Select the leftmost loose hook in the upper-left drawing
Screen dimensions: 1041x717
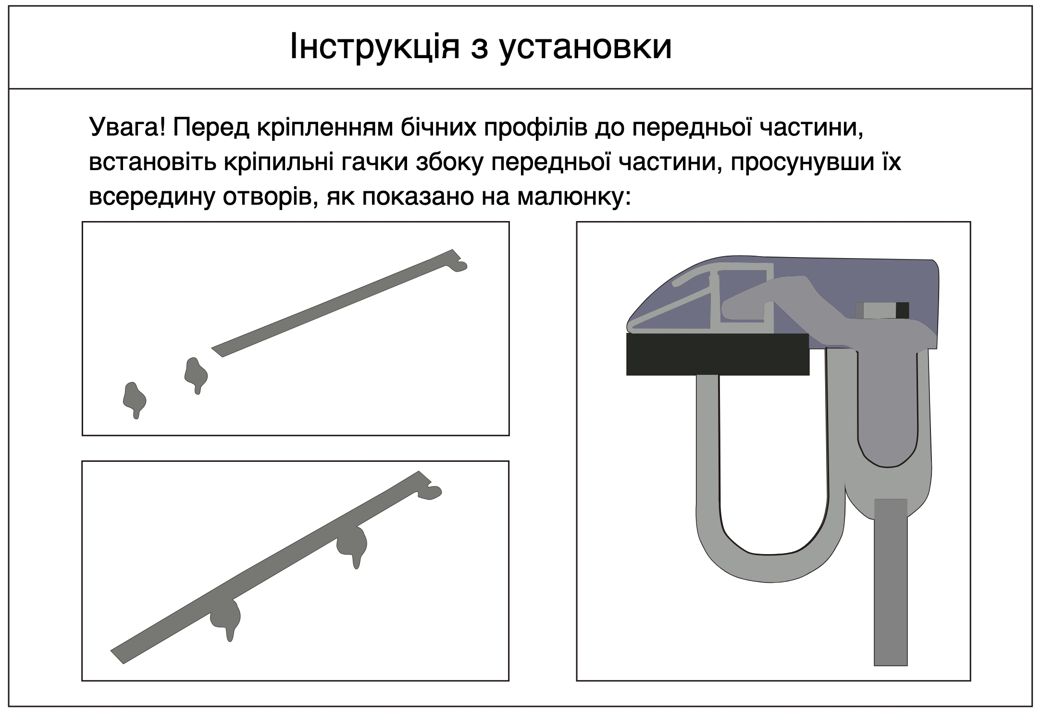click(x=135, y=400)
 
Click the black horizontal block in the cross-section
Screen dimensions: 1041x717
click(x=718, y=354)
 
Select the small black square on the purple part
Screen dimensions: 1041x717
click(x=902, y=310)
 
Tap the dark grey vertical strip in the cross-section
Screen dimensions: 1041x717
click(x=891, y=582)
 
